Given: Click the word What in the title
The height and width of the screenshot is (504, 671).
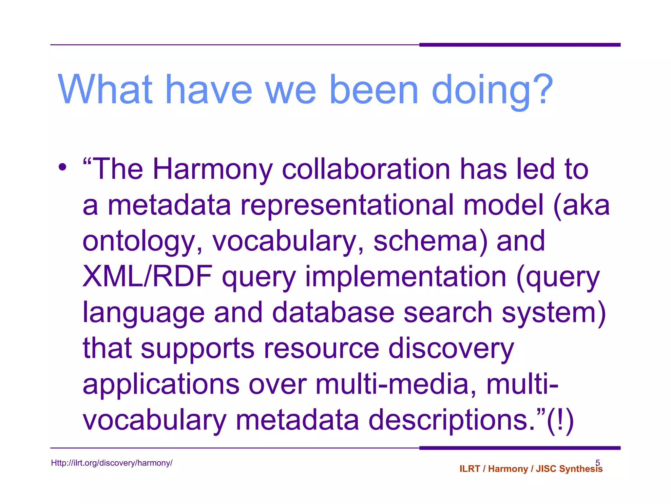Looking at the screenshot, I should pyautogui.click(x=105, y=89).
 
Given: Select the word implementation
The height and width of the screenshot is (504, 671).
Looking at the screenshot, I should pyautogui.click(x=406, y=277).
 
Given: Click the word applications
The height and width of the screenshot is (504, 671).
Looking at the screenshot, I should pyautogui.click(x=161, y=385).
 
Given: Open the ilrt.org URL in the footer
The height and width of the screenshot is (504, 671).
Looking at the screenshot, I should pyautogui.click(x=112, y=463).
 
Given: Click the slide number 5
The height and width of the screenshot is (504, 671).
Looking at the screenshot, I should pyautogui.click(x=598, y=462).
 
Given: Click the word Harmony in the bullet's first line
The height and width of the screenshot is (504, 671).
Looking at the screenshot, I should pyautogui.click(x=213, y=170).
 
